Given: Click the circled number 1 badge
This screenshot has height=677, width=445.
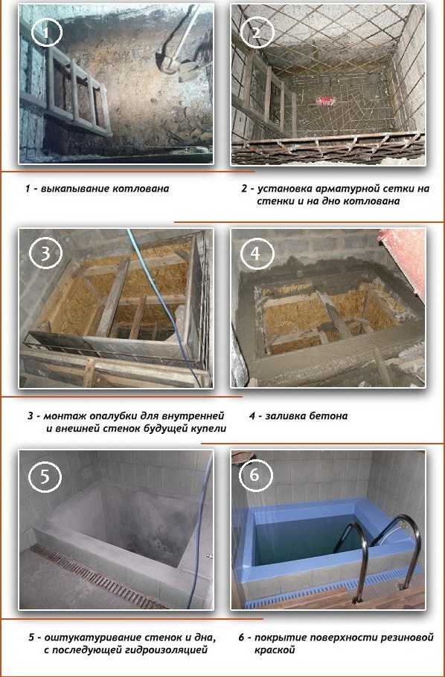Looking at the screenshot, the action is (x=47, y=31).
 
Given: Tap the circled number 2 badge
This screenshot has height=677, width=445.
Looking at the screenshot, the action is (x=257, y=31).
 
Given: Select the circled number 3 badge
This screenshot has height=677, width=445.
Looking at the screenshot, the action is (x=45, y=253).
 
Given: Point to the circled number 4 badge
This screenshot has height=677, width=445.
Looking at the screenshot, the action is (x=255, y=253).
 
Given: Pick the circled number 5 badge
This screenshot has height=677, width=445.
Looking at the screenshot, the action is (x=45, y=476).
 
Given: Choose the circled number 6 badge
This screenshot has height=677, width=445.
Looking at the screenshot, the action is (x=255, y=476).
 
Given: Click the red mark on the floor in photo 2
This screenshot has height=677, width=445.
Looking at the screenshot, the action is (x=324, y=101).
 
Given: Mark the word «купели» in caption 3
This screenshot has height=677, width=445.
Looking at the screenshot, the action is (x=209, y=429).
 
